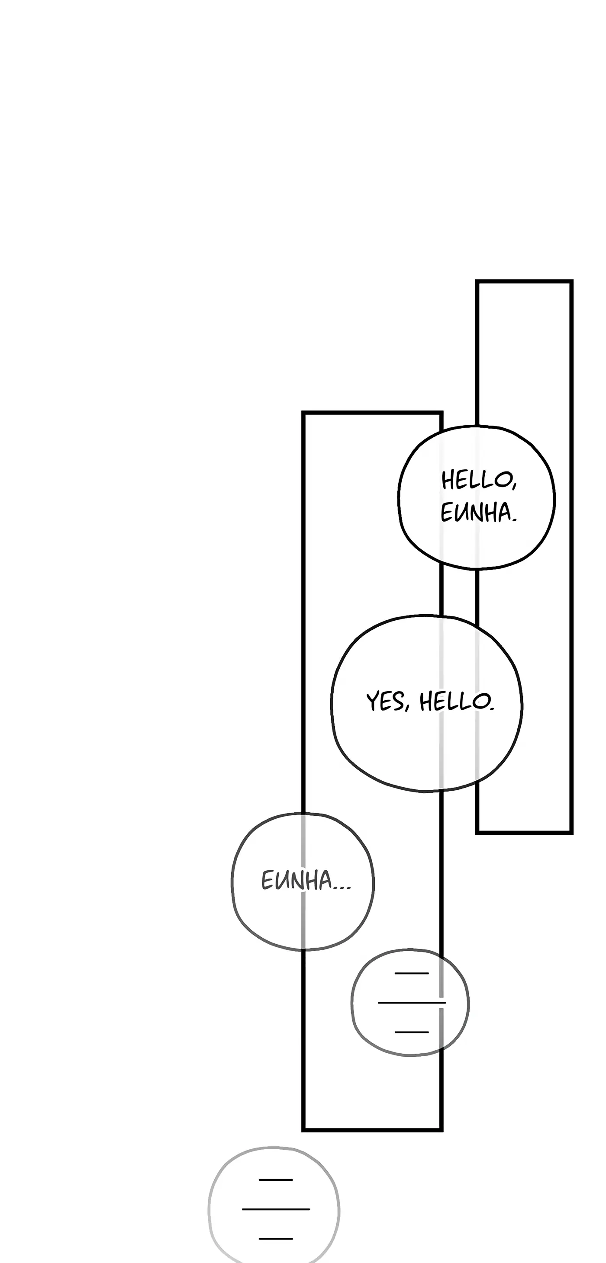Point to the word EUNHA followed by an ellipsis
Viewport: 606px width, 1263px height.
[x=297, y=880]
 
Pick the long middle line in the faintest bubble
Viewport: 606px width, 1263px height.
[x=276, y=1209]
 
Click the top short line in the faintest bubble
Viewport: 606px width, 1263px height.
[x=276, y=1180]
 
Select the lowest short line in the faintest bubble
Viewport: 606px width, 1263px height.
[x=276, y=1238]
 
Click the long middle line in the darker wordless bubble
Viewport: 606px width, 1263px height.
[x=411, y=1003]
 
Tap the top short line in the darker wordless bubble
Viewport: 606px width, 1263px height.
[x=411, y=973]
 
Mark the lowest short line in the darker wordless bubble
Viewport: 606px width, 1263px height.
[x=411, y=1032]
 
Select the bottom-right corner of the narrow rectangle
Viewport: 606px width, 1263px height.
[x=571, y=832]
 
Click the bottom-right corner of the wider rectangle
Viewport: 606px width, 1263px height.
[x=441, y=1130]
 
